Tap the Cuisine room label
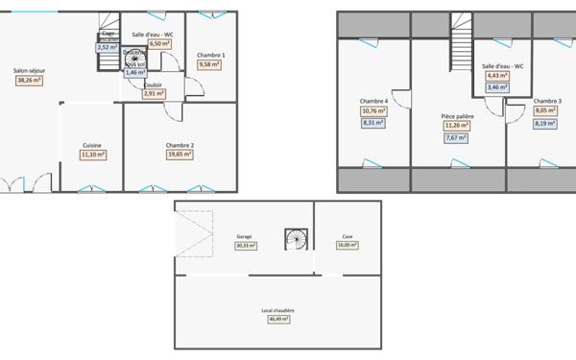click(92, 145)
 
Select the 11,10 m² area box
click(92, 154)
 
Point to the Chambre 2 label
click(180, 145)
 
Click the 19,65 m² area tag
click(180, 154)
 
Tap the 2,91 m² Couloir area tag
click(153, 94)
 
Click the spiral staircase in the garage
click(293, 236)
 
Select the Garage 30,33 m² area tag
click(244, 245)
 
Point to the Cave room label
click(347, 236)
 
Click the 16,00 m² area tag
click(347, 245)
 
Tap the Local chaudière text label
click(277, 310)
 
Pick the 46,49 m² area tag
click(277, 319)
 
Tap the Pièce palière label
click(454, 115)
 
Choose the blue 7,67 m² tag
click(454, 137)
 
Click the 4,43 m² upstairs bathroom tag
click(498, 76)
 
